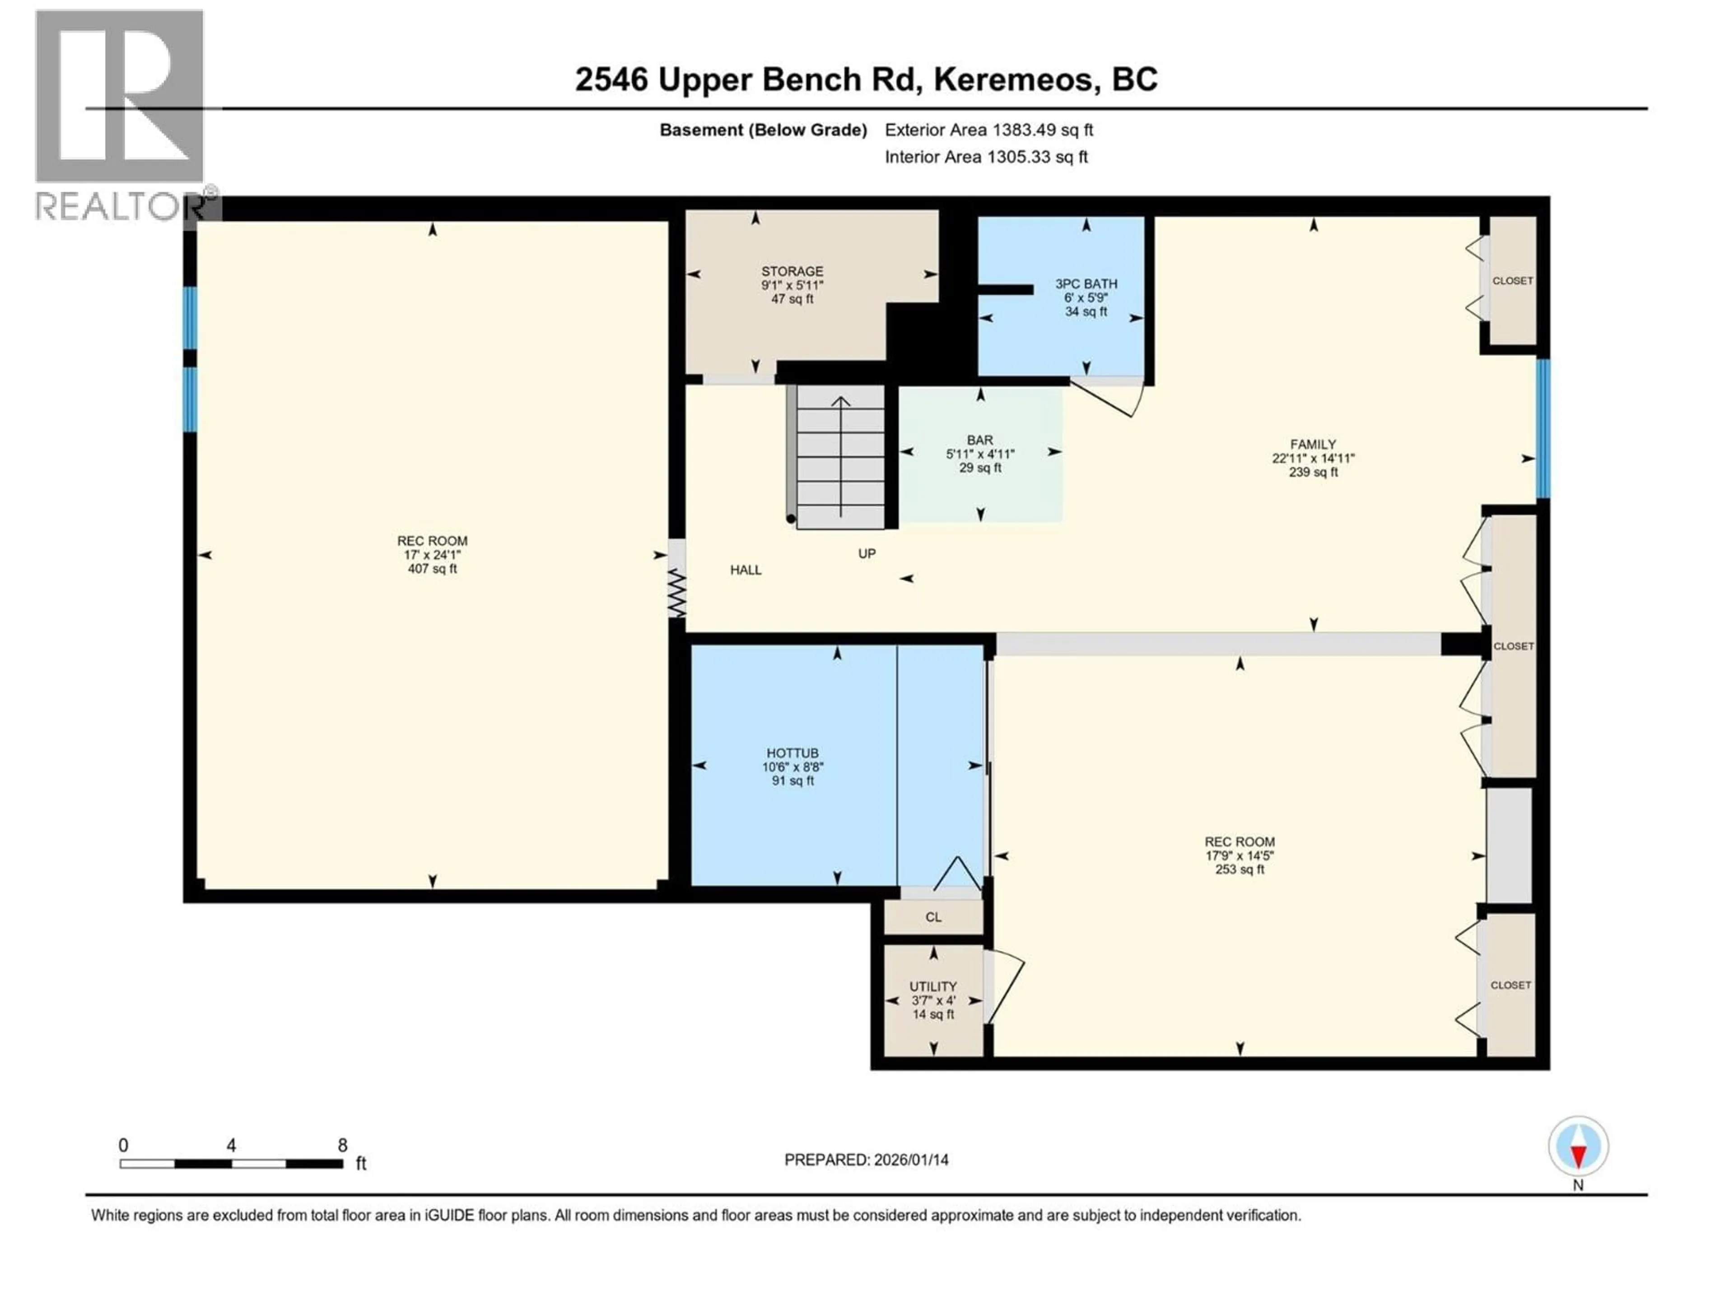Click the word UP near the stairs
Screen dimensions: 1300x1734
[x=866, y=554]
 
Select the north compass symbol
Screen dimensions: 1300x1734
[x=1578, y=1147]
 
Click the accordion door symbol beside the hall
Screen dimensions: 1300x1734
[x=676, y=593]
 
